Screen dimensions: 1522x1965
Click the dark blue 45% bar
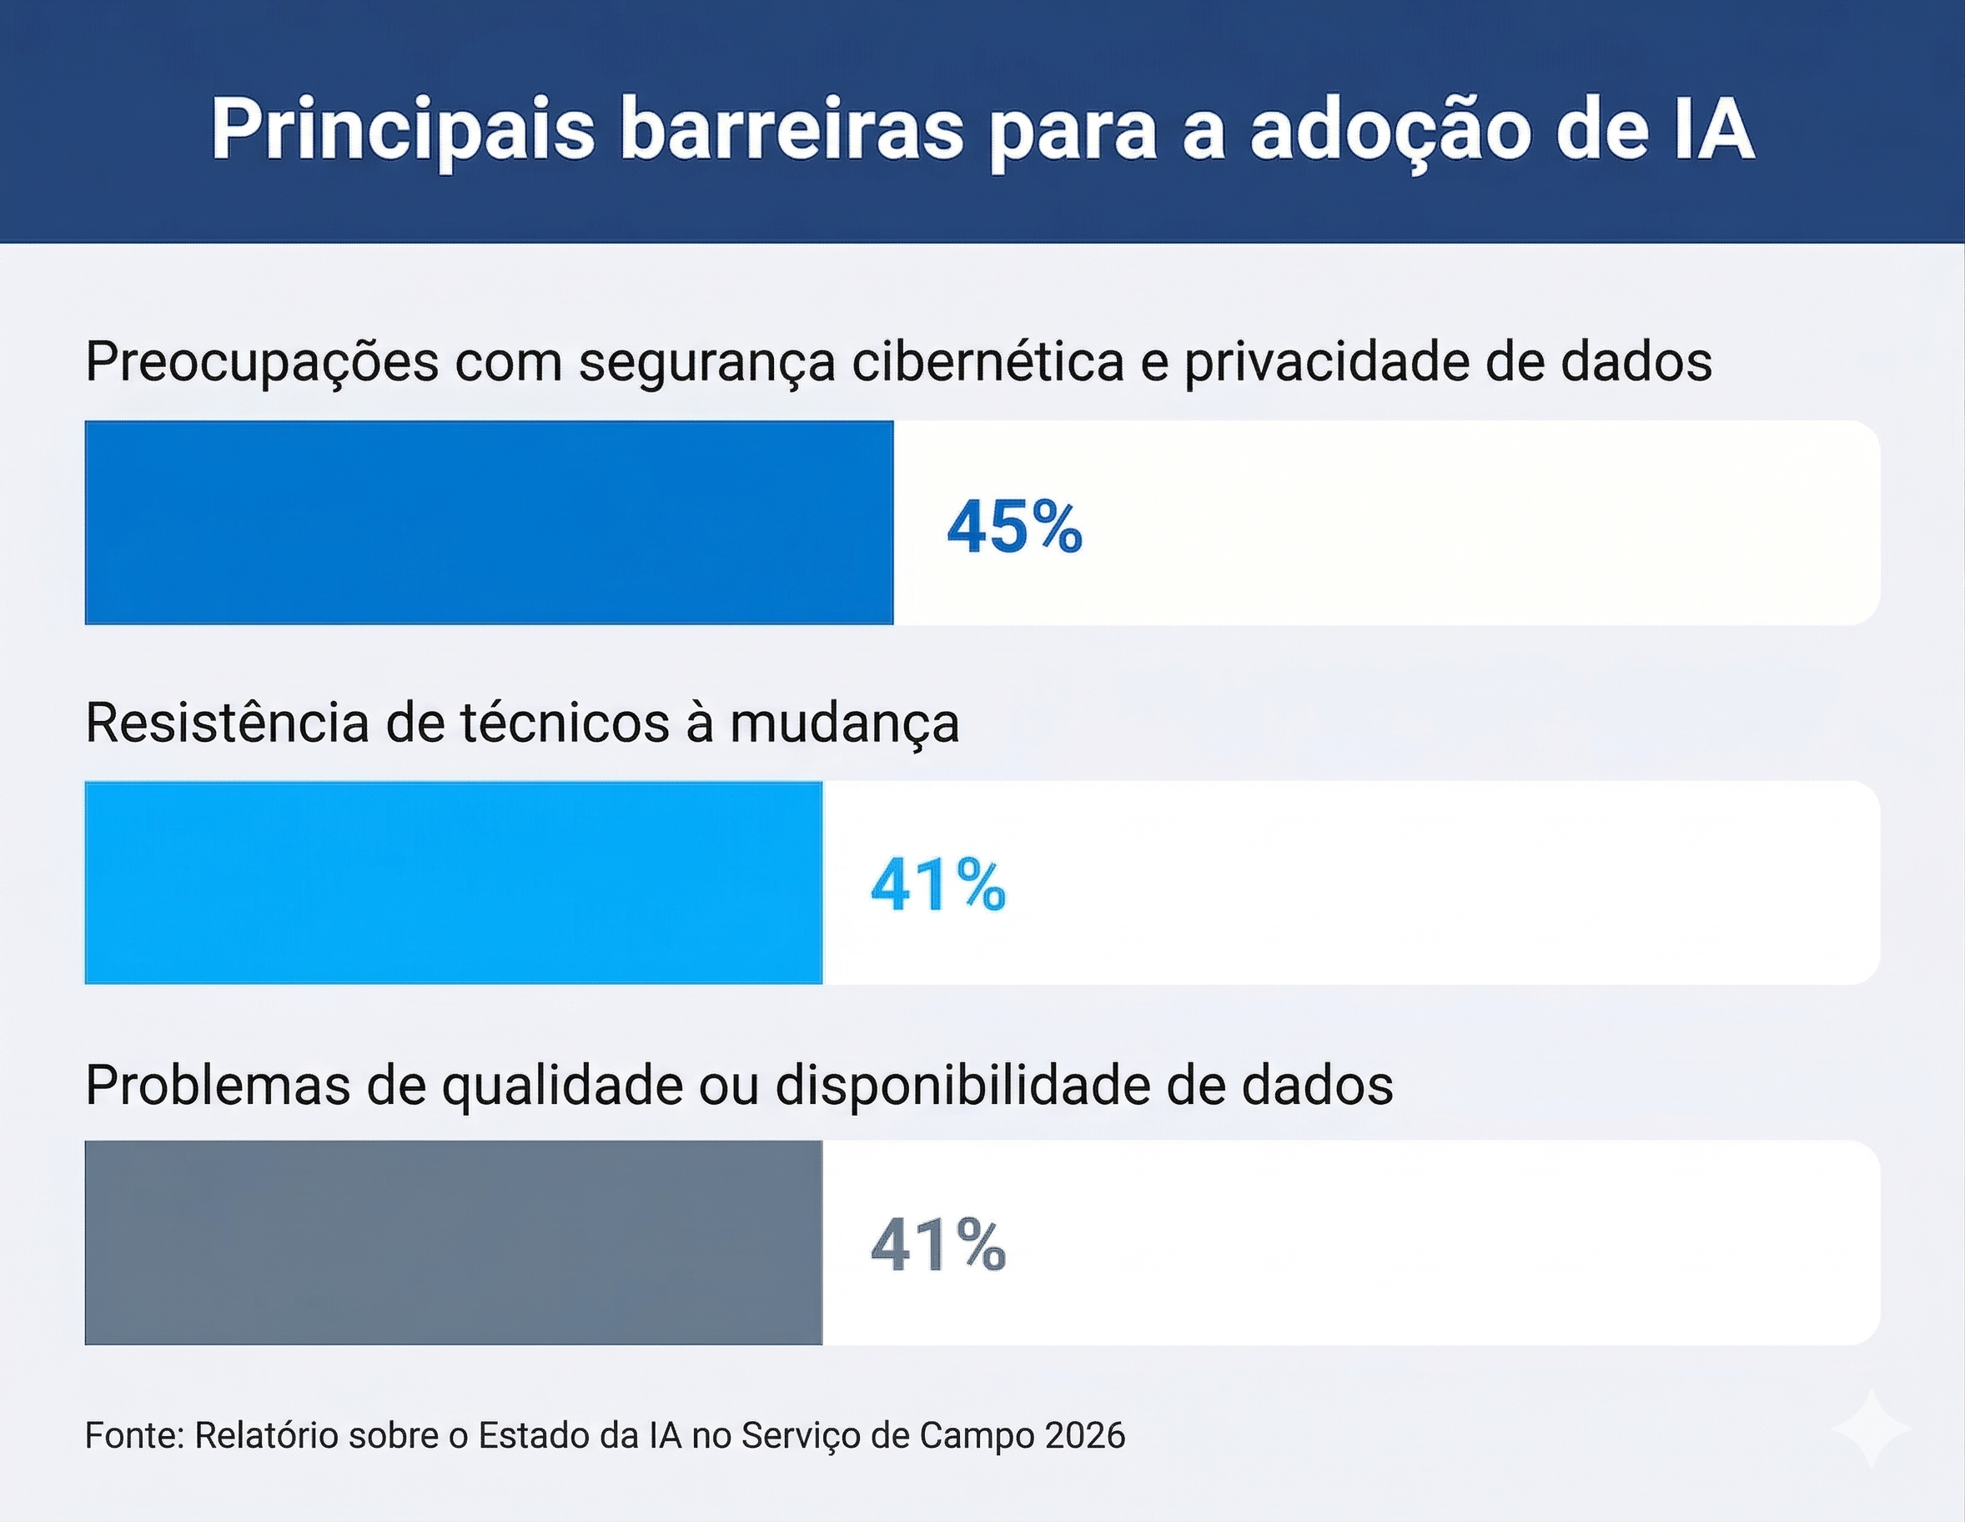pos(489,522)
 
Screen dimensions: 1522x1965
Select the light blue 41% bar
pos(453,882)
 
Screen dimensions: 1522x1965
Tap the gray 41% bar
pos(453,1243)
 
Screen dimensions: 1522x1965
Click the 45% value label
pos(1014,527)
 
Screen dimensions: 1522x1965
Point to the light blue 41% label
pos(937,886)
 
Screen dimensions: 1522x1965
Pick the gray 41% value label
pos(937,1246)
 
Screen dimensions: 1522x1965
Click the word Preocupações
pos(262,364)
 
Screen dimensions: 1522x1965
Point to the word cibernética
pos(987,362)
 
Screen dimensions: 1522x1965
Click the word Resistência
pos(227,723)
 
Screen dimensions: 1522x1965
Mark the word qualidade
pos(562,1086)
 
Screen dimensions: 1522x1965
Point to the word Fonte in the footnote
pos(133,1435)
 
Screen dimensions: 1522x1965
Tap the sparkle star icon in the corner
pos(1871,1430)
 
